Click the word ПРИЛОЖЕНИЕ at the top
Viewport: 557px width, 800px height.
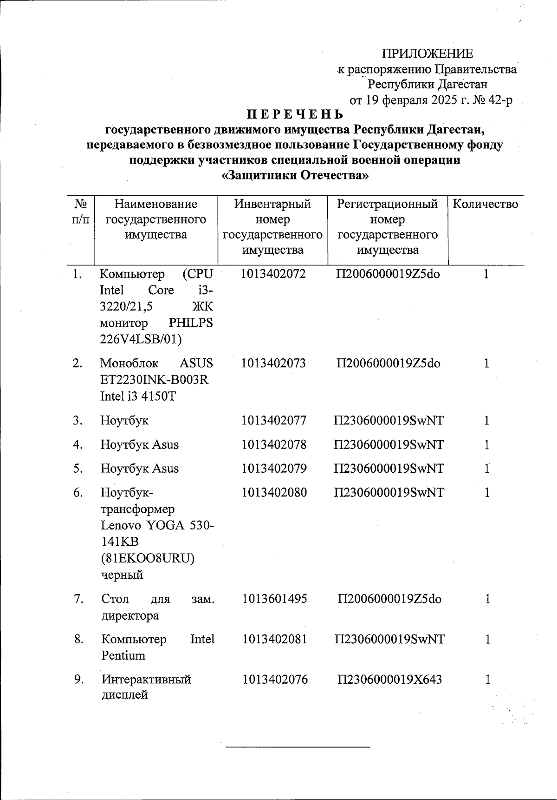click(427, 53)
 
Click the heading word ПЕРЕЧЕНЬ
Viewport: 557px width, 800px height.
click(295, 114)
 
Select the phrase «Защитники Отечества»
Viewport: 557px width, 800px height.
click(295, 175)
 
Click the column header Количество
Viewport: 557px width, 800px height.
click(485, 204)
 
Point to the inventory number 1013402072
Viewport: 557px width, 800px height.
click(273, 274)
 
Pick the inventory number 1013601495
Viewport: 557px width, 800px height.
click(274, 599)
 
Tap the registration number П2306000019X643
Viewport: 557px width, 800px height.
click(389, 680)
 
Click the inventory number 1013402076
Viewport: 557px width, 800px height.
click(275, 680)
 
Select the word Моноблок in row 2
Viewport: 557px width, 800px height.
click(129, 363)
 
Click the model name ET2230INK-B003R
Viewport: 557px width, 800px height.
click(155, 380)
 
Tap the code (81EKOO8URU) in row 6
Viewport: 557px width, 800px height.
click(148, 558)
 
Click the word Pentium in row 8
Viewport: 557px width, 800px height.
click(123, 655)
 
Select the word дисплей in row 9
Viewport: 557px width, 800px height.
click(124, 695)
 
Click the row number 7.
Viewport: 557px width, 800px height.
click(78, 599)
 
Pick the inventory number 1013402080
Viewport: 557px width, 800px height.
click(274, 492)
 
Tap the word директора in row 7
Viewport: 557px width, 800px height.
click(130, 615)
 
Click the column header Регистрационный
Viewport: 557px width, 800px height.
click(388, 204)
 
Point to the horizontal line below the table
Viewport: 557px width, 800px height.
click(298, 747)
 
